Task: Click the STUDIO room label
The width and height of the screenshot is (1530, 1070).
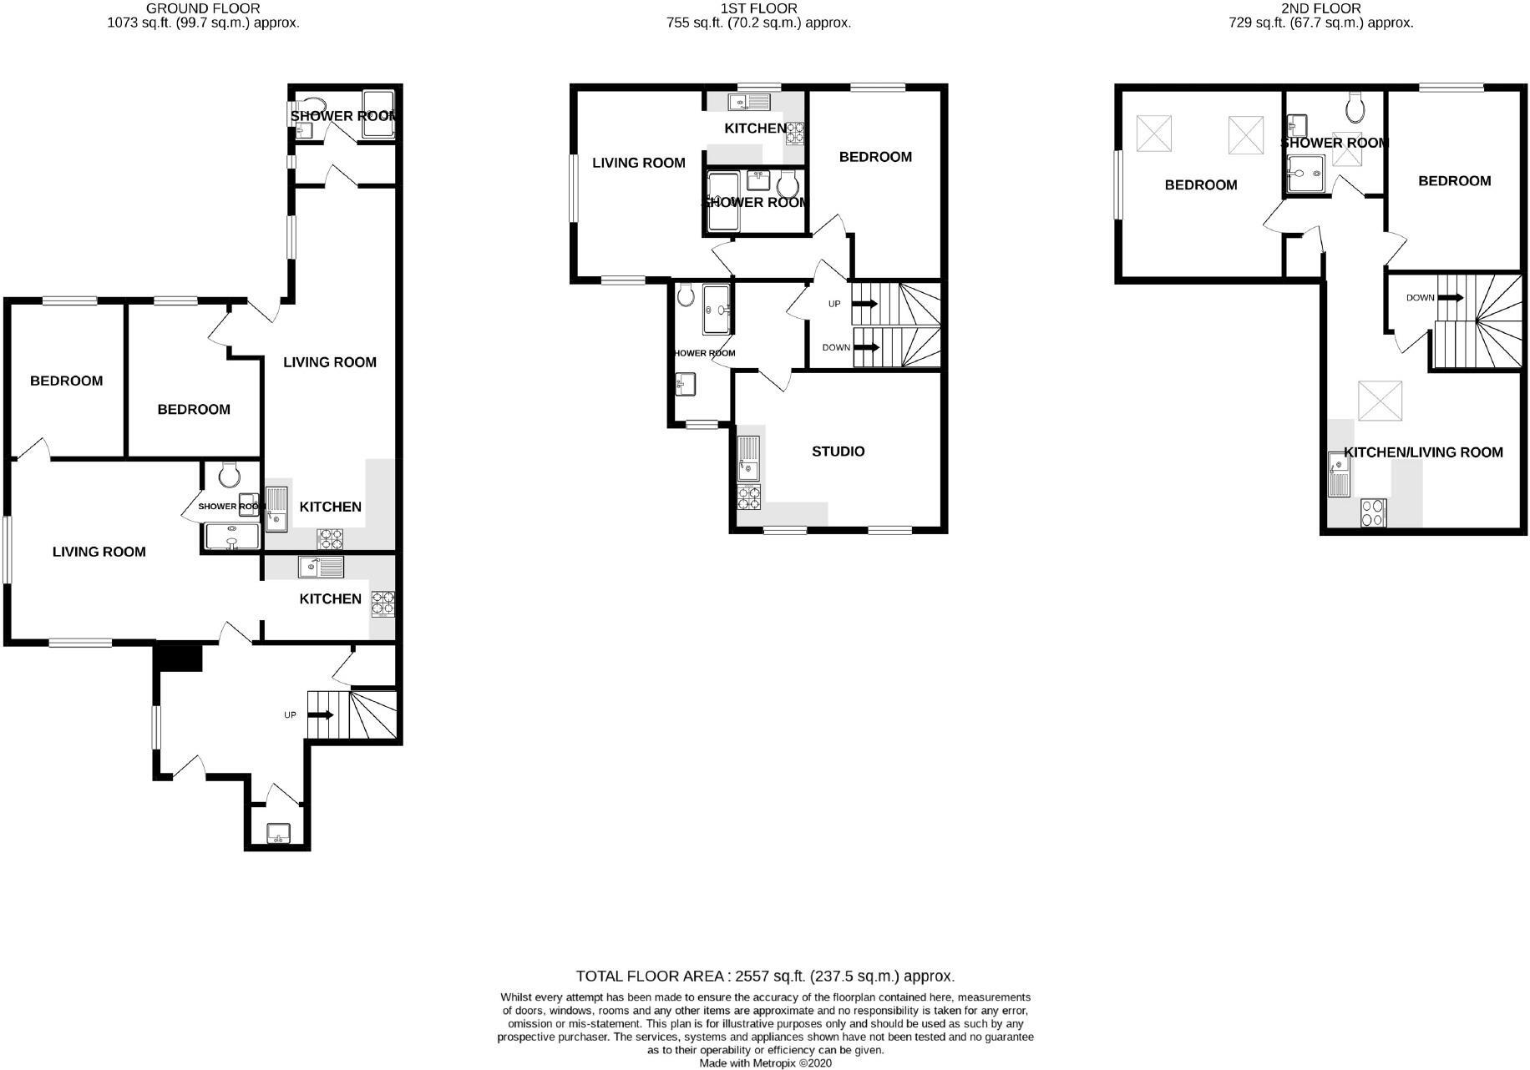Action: (x=838, y=452)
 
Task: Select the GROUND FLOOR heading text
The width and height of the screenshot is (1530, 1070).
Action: (x=203, y=8)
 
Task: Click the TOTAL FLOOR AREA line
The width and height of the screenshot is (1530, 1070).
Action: (x=764, y=976)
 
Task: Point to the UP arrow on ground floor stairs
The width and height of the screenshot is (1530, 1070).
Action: (x=321, y=715)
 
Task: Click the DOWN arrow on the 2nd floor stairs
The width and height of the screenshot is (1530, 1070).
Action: (x=1450, y=298)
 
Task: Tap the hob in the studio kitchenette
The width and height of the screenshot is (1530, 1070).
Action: (x=748, y=497)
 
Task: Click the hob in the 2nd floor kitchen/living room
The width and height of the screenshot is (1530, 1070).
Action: (x=1373, y=512)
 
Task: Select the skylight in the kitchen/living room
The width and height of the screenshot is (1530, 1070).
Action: (x=1380, y=401)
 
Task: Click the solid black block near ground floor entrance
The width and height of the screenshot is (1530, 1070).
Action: (x=178, y=658)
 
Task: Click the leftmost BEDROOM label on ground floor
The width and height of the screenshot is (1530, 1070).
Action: (x=66, y=381)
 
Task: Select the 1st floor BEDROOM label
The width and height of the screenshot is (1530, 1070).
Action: (x=875, y=157)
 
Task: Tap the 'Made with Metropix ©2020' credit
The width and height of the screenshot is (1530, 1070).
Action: (x=765, y=1063)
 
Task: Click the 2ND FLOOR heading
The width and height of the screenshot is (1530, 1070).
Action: (x=1320, y=8)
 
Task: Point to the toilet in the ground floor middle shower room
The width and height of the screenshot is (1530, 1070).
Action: (x=228, y=475)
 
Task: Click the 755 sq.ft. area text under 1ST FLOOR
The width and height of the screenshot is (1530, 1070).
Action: (x=758, y=23)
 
